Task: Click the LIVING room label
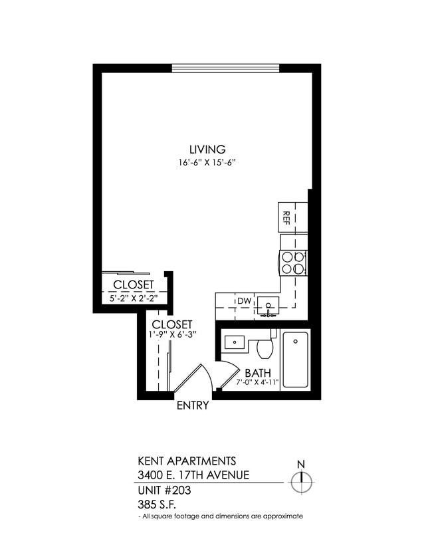[x=207, y=150]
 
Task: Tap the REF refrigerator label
[x=286, y=217]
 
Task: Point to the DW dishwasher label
[x=245, y=301]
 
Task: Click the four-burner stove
[x=293, y=263]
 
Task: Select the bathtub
[x=295, y=360]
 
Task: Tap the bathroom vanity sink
[x=234, y=342]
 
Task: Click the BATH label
[x=257, y=373]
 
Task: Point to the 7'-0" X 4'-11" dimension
[x=259, y=383]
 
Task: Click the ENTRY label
[x=193, y=405]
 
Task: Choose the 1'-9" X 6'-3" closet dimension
[x=172, y=334]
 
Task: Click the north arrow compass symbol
[x=302, y=480]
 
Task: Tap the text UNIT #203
[x=163, y=490]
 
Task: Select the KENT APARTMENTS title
[x=187, y=461]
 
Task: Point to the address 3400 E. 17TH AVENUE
[x=193, y=475]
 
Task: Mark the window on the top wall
[x=225, y=68]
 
